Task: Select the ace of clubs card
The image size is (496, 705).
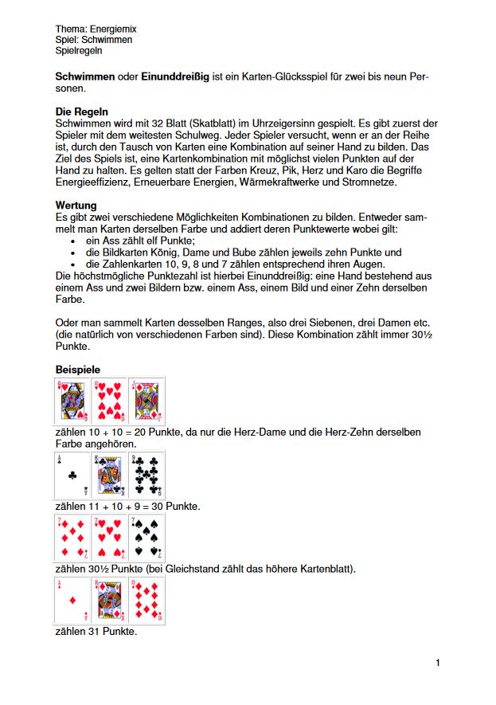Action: click(x=72, y=476)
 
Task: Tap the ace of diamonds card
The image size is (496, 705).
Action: click(x=72, y=600)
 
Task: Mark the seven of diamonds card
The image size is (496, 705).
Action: click(x=72, y=538)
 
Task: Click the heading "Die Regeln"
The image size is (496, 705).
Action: click(x=82, y=112)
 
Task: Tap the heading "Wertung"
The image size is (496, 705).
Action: click(x=76, y=206)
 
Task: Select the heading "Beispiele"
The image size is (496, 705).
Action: click(x=79, y=370)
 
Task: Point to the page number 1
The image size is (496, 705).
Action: click(x=438, y=663)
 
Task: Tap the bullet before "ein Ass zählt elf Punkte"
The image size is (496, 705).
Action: click(x=73, y=241)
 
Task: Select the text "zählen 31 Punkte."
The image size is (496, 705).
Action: click(x=96, y=632)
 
